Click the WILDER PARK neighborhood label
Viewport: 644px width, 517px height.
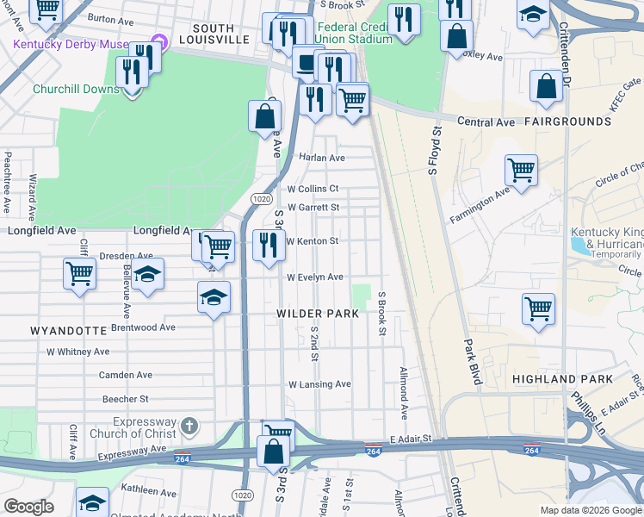click(318, 314)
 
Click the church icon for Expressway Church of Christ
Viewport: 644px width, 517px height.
click(189, 425)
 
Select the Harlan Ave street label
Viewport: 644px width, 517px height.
click(321, 158)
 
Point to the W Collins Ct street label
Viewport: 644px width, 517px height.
click(313, 189)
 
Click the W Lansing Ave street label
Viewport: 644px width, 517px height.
click(319, 384)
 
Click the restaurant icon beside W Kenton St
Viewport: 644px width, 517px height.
click(269, 245)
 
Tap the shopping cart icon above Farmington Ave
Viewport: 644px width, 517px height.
click(521, 170)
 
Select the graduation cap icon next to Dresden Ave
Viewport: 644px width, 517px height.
click(148, 275)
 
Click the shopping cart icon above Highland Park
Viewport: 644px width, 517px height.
click(538, 308)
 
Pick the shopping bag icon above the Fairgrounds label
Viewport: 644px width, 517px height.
click(547, 85)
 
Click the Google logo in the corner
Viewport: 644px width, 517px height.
click(28, 507)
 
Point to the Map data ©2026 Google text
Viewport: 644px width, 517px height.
click(590, 510)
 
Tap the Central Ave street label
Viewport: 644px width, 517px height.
click(486, 122)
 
